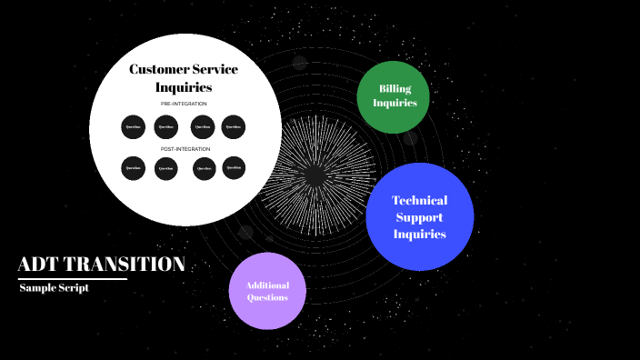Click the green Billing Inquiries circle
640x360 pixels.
(x=394, y=95)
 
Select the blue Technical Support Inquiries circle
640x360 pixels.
(x=419, y=216)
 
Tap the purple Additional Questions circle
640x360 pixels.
(x=267, y=291)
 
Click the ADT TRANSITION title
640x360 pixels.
(x=101, y=265)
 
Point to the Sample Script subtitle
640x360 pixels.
(x=55, y=287)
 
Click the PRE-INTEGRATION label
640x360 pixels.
(x=184, y=104)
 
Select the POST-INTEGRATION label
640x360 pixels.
(x=185, y=148)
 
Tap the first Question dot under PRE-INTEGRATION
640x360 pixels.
(x=134, y=126)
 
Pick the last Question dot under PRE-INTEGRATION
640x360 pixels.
(x=234, y=126)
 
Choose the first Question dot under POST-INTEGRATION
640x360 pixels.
(x=134, y=168)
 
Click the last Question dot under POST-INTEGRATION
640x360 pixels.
(x=234, y=167)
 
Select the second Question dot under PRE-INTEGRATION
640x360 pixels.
(x=165, y=126)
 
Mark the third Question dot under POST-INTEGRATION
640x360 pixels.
(x=205, y=168)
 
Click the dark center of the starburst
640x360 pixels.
(x=315, y=175)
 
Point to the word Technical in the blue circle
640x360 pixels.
(x=419, y=200)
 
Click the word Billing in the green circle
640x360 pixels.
(x=395, y=88)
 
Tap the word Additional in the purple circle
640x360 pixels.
(x=267, y=285)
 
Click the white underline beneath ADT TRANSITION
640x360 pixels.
(x=73, y=279)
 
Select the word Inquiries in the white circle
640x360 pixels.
(x=184, y=87)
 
